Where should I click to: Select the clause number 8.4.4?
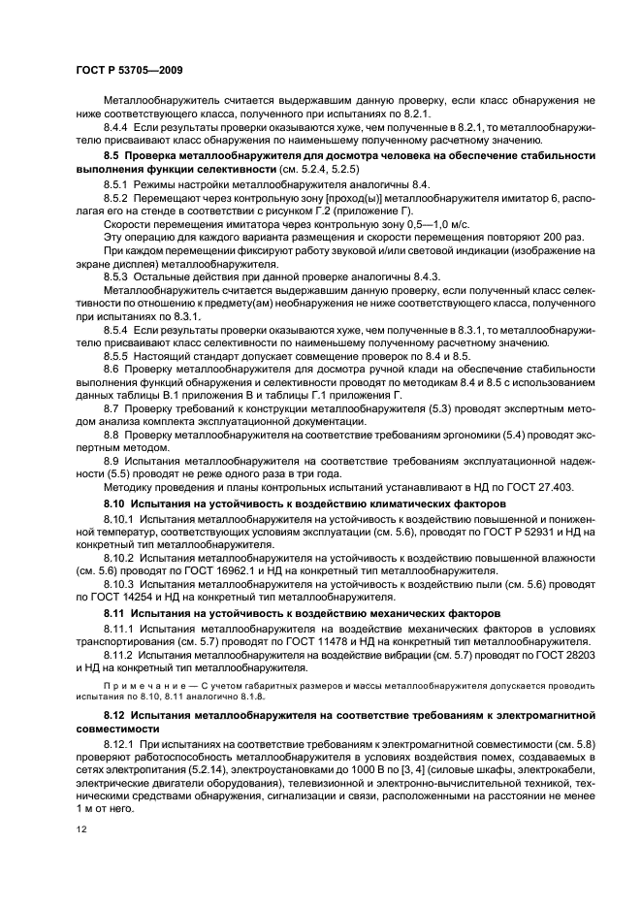(x=118, y=126)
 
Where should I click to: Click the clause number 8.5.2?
(x=118, y=198)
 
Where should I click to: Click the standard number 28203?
(x=573, y=656)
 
